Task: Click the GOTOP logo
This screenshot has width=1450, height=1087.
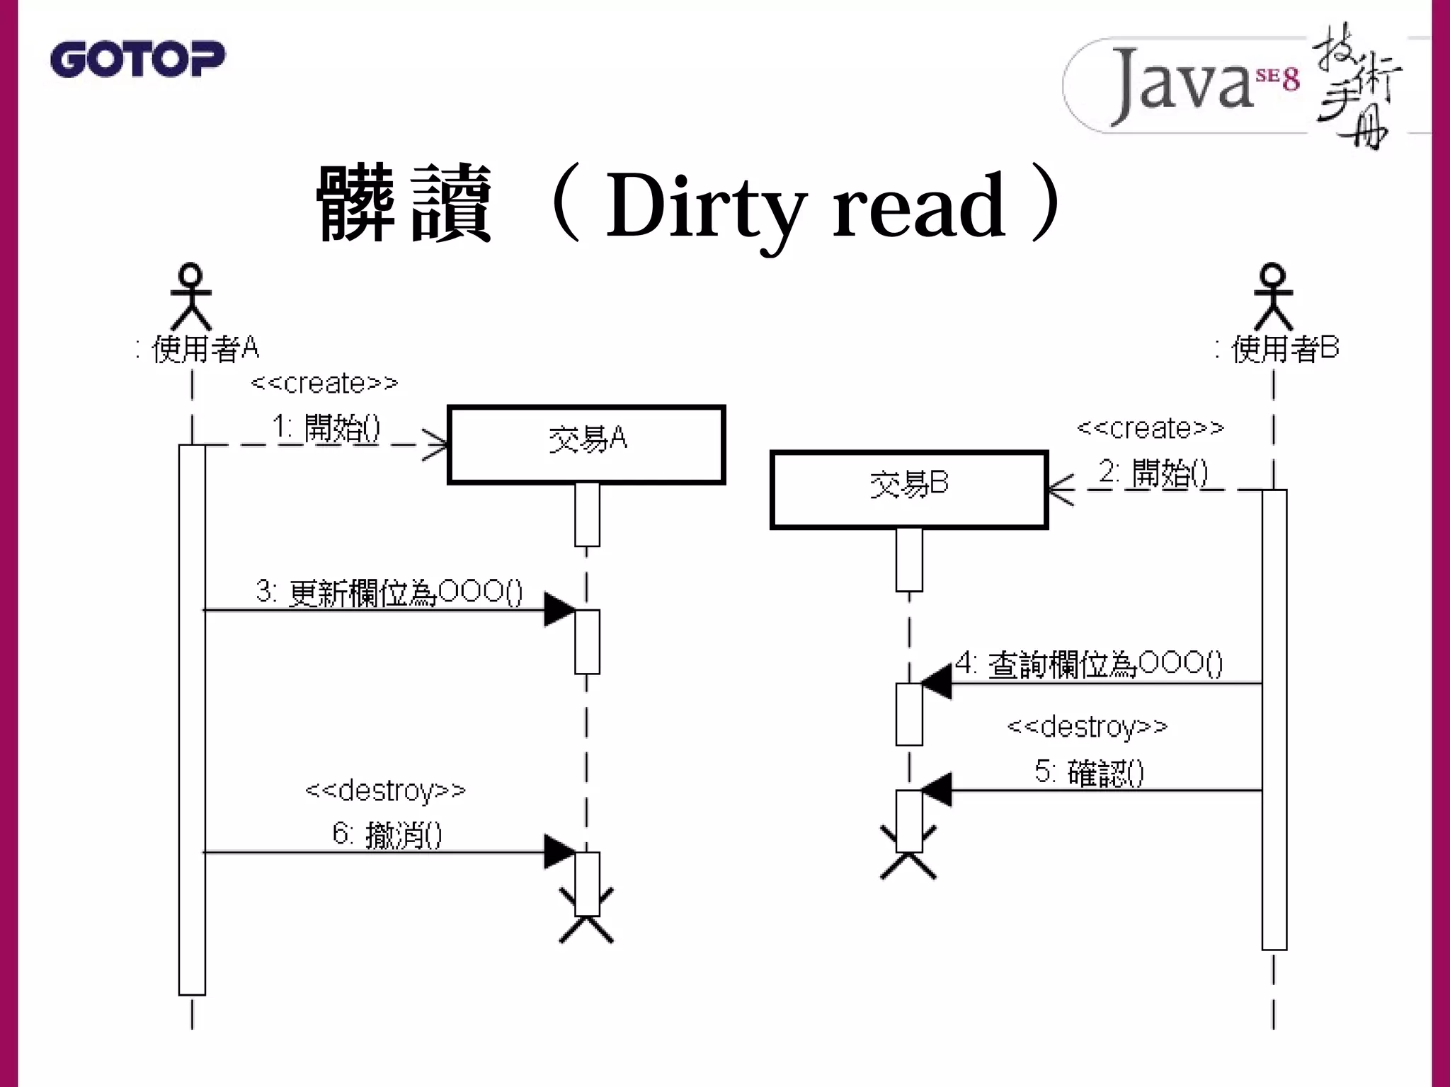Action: click(137, 59)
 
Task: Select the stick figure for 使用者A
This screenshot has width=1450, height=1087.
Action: click(191, 297)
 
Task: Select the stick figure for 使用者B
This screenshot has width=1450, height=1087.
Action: click(1273, 297)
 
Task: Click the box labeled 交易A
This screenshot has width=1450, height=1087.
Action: click(586, 444)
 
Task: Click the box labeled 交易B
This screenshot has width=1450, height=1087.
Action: click(908, 489)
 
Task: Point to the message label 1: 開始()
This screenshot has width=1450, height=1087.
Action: click(326, 428)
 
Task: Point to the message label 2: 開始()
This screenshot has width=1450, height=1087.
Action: click(1153, 473)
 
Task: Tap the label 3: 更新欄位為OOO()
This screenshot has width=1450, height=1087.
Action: click(389, 592)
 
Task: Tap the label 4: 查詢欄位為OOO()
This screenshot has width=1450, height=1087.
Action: click(1089, 664)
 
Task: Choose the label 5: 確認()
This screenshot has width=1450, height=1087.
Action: click(1089, 772)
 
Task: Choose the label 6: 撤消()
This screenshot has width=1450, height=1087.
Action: click(387, 834)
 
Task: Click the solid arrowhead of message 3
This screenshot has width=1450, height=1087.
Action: click(559, 609)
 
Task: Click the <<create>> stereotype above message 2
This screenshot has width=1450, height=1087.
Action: click(1150, 428)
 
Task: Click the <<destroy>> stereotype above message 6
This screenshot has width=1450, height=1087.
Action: click(385, 790)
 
